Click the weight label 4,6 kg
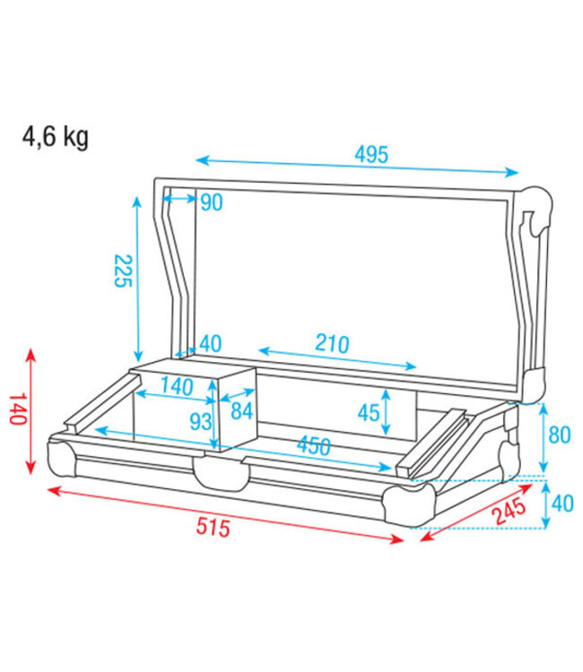pos(56,139)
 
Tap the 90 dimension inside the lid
pos(211,202)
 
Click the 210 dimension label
pos(332,342)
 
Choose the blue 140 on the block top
pos(177,387)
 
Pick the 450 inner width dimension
pos(313,445)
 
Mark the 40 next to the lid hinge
pos(211,343)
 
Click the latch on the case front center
pos(220,471)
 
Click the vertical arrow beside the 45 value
pos(386,411)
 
